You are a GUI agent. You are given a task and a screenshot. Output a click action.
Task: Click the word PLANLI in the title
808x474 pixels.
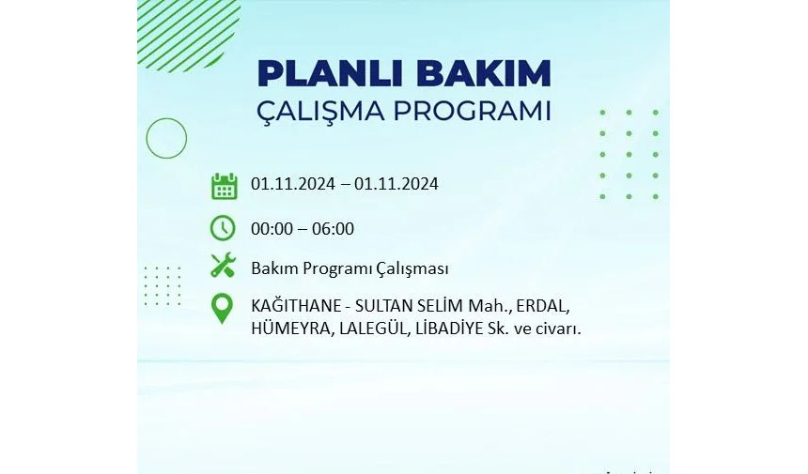tap(331, 73)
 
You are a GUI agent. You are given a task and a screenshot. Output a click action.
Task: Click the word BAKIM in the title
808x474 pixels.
tap(484, 73)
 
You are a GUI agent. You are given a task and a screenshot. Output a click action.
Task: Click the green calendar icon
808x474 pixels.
tap(225, 186)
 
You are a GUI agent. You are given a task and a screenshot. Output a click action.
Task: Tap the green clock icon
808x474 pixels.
tap(223, 228)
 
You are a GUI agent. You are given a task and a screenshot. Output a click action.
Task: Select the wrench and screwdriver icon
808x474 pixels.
tap(223, 266)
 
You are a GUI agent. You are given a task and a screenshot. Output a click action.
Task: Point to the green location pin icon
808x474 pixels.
tap(222, 308)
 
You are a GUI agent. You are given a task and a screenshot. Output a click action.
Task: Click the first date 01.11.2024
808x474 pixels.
tap(293, 184)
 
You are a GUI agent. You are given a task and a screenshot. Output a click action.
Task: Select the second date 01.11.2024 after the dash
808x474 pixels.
tap(396, 184)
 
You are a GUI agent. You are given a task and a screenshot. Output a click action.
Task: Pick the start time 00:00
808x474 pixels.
tap(272, 229)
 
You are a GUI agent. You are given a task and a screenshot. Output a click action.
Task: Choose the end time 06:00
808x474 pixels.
tap(333, 229)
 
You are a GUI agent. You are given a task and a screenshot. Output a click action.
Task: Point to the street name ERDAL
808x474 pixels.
tap(542, 306)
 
